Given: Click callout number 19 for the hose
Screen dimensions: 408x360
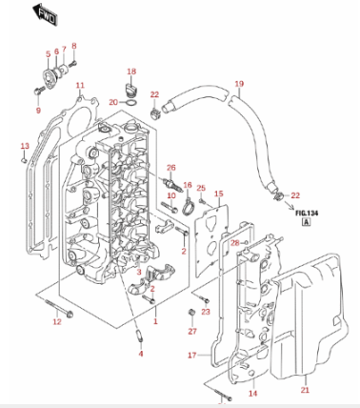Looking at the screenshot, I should pos(239,84).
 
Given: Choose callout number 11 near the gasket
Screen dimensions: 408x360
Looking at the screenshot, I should pos(80,86).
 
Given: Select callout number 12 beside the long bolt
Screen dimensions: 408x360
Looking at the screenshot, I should pos(56,322).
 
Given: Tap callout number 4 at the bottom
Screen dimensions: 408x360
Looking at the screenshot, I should pos(141,355).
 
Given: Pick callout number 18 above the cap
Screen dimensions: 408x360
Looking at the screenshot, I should pos(132,71).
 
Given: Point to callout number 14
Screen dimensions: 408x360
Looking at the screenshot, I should pos(253,393).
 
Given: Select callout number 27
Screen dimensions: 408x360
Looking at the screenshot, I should pos(191,331).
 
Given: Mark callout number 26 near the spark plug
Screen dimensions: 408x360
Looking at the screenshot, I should pos(171,168).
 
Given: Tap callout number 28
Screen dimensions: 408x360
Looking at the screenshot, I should pos(234,244).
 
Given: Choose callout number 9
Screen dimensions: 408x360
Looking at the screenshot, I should pos(39,111).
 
